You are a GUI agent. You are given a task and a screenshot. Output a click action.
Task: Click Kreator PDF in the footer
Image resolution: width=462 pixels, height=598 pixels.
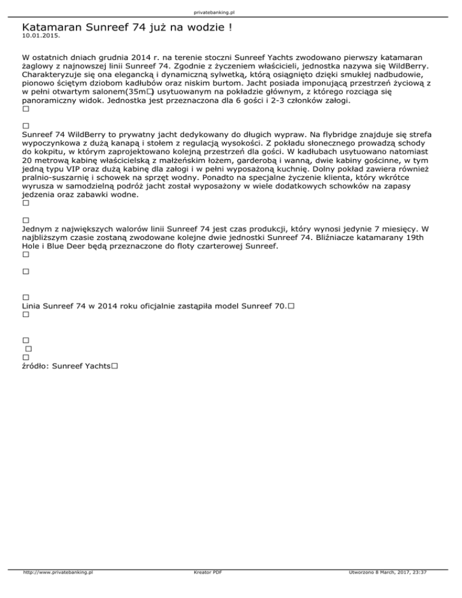coord(205,589)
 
